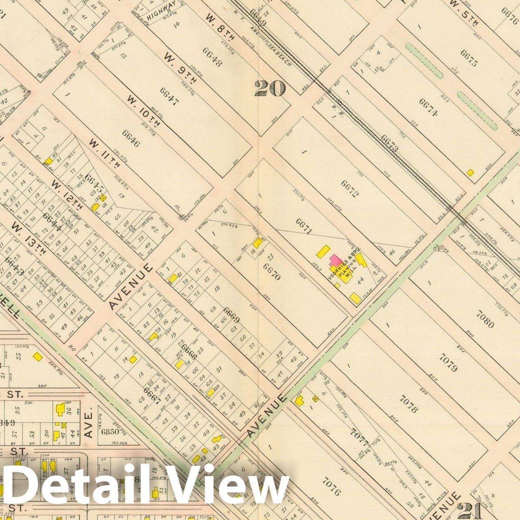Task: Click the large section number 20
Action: pos(269,87)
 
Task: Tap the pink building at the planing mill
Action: pos(335,260)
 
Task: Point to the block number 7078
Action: pos(407,403)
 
